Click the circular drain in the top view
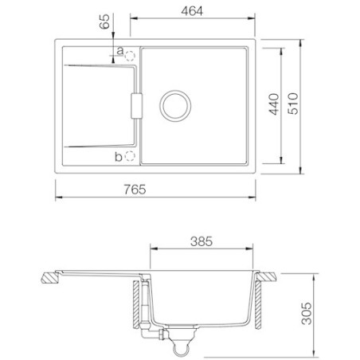click(174, 104)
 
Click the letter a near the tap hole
click(119, 52)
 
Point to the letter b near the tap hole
click(119, 156)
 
